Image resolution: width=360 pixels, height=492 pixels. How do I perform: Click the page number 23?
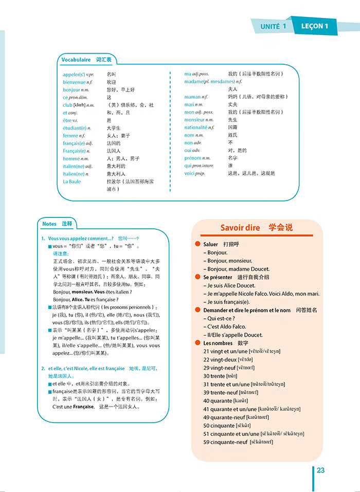coord(320,470)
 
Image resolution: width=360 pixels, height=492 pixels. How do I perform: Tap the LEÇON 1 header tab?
coord(312,26)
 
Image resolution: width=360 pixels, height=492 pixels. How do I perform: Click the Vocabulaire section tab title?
coord(86,60)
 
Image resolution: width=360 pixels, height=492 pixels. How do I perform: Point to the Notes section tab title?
coord(57,224)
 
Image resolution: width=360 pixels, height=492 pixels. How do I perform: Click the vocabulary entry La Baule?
coord(72,181)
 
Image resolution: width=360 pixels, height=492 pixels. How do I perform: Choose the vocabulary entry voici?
coord(194,173)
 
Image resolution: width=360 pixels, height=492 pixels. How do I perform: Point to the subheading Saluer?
coord(211,244)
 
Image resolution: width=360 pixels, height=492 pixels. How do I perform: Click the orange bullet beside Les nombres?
coord(198,343)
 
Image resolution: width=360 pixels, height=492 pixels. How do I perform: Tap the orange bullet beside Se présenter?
coord(198,277)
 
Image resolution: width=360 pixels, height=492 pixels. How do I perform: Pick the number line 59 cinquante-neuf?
coord(238,442)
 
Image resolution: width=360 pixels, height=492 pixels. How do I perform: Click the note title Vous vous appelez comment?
coord(81,239)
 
